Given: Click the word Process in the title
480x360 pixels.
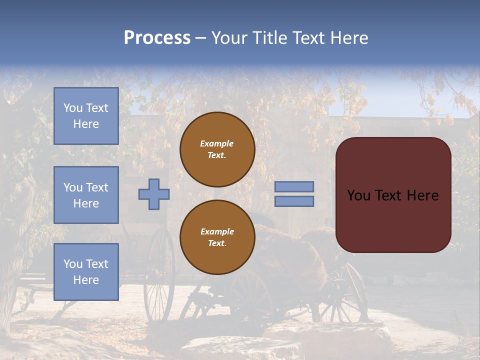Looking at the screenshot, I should (157, 38).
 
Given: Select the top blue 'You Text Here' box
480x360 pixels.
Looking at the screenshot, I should (86, 116).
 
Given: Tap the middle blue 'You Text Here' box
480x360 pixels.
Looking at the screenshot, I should (86, 195).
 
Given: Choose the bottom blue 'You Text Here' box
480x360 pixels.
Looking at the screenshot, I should (86, 271).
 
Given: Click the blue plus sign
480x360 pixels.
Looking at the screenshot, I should (154, 194).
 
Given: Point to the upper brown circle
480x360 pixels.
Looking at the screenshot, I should (217, 149).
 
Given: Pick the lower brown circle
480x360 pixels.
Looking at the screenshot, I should (217, 237).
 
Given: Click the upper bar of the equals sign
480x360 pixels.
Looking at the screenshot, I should (294, 186).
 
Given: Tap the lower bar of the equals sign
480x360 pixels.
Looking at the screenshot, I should (294, 201).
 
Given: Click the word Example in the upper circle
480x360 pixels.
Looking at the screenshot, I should (217, 143).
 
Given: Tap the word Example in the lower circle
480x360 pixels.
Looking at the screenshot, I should (217, 231).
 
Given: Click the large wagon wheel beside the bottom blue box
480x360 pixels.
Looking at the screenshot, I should (159, 275).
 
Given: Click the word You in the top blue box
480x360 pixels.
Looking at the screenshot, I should (73, 108).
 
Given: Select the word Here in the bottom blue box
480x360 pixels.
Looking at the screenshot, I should (86, 280).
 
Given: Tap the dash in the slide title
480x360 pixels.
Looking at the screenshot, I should (200, 38).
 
